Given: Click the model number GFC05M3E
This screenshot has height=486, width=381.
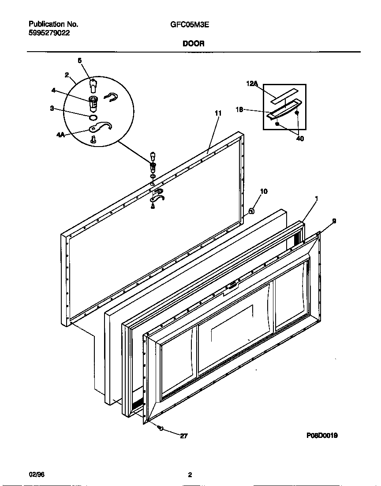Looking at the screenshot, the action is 189,25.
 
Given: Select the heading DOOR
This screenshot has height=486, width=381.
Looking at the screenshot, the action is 193,44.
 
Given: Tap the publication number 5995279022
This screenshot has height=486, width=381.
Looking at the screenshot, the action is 49,33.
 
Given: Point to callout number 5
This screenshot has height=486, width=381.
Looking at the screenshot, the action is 80,61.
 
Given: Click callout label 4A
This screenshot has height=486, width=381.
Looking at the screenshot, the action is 61,135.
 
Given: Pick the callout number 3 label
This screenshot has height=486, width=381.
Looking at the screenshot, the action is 52,108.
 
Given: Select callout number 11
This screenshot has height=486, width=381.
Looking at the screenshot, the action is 218,113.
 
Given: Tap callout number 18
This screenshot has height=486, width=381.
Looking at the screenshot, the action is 239,110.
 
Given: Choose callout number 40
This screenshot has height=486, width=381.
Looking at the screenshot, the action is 300,139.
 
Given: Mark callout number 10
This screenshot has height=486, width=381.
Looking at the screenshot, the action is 264,191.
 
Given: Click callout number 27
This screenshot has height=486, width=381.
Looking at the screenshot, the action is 184,436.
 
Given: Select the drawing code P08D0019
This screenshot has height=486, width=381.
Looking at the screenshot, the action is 322,435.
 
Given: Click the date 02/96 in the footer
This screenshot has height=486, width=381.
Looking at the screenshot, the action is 37,475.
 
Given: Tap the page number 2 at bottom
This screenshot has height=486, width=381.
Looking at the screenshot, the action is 190,475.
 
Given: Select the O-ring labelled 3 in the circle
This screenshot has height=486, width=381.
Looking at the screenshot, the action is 93,118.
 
